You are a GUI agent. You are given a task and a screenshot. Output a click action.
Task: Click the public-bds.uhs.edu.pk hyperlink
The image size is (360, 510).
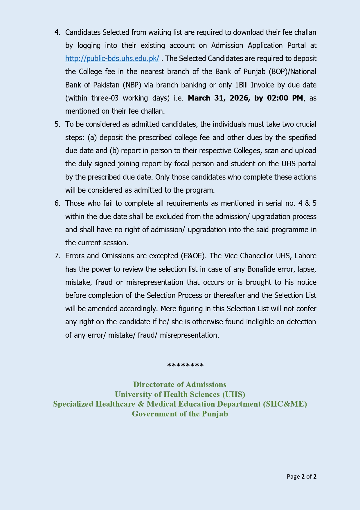(x=112, y=59)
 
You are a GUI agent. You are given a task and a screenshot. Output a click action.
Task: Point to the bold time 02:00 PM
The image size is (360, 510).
(x=285, y=98)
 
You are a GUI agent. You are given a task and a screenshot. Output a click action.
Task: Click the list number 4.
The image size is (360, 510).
(x=57, y=33)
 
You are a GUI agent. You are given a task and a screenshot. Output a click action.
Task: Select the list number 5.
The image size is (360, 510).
(x=57, y=124)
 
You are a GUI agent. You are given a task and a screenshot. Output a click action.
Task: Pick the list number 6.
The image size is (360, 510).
(x=57, y=203)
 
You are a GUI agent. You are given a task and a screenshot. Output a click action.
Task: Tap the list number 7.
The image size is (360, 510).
(x=57, y=256)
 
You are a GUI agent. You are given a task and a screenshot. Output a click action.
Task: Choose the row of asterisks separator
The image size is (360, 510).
(x=186, y=366)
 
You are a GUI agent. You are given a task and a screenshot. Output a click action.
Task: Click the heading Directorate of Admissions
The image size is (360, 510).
(x=180, y=384)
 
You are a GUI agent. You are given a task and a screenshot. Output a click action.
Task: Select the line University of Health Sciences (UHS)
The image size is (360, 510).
(x=180, y=394)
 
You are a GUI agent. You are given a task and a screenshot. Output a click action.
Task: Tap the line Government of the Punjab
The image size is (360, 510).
(x=180, y=414)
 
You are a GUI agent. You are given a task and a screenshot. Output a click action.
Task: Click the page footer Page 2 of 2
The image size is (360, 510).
(x=301, y=477)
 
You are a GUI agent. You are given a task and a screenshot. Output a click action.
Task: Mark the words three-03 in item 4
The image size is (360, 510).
(x=105, y=98)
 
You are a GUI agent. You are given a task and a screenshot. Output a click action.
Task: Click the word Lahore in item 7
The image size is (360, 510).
(x=305, y=256)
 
